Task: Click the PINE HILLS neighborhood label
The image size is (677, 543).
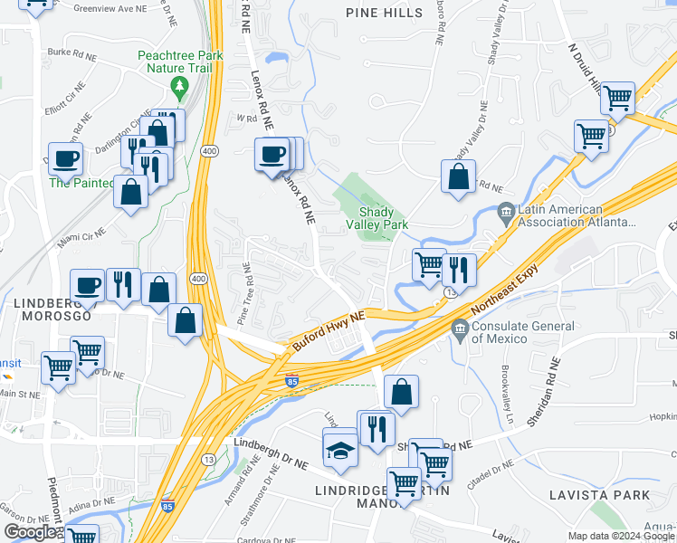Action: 385,13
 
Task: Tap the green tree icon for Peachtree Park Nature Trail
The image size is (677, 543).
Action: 178,86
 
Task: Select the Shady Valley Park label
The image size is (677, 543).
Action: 377,217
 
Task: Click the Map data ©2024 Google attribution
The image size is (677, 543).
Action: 621,536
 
